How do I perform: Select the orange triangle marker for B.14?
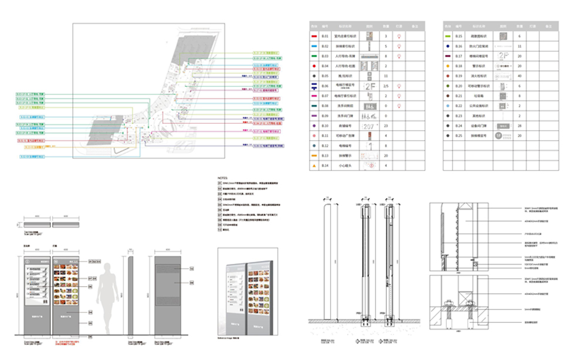point(313,167)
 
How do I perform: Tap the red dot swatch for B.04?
point(313,66)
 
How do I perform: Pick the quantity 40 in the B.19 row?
point(520,76)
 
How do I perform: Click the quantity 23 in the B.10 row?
point(386,126)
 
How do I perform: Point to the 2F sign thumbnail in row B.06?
point(369,86)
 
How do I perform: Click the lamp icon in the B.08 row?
point(400,106)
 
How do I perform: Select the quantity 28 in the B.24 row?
point(520,126)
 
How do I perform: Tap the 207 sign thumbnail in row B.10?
point(369,126)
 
